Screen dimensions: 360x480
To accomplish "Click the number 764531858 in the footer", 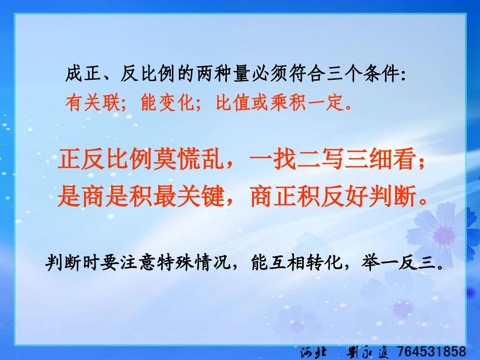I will click(x=431, y=350).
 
